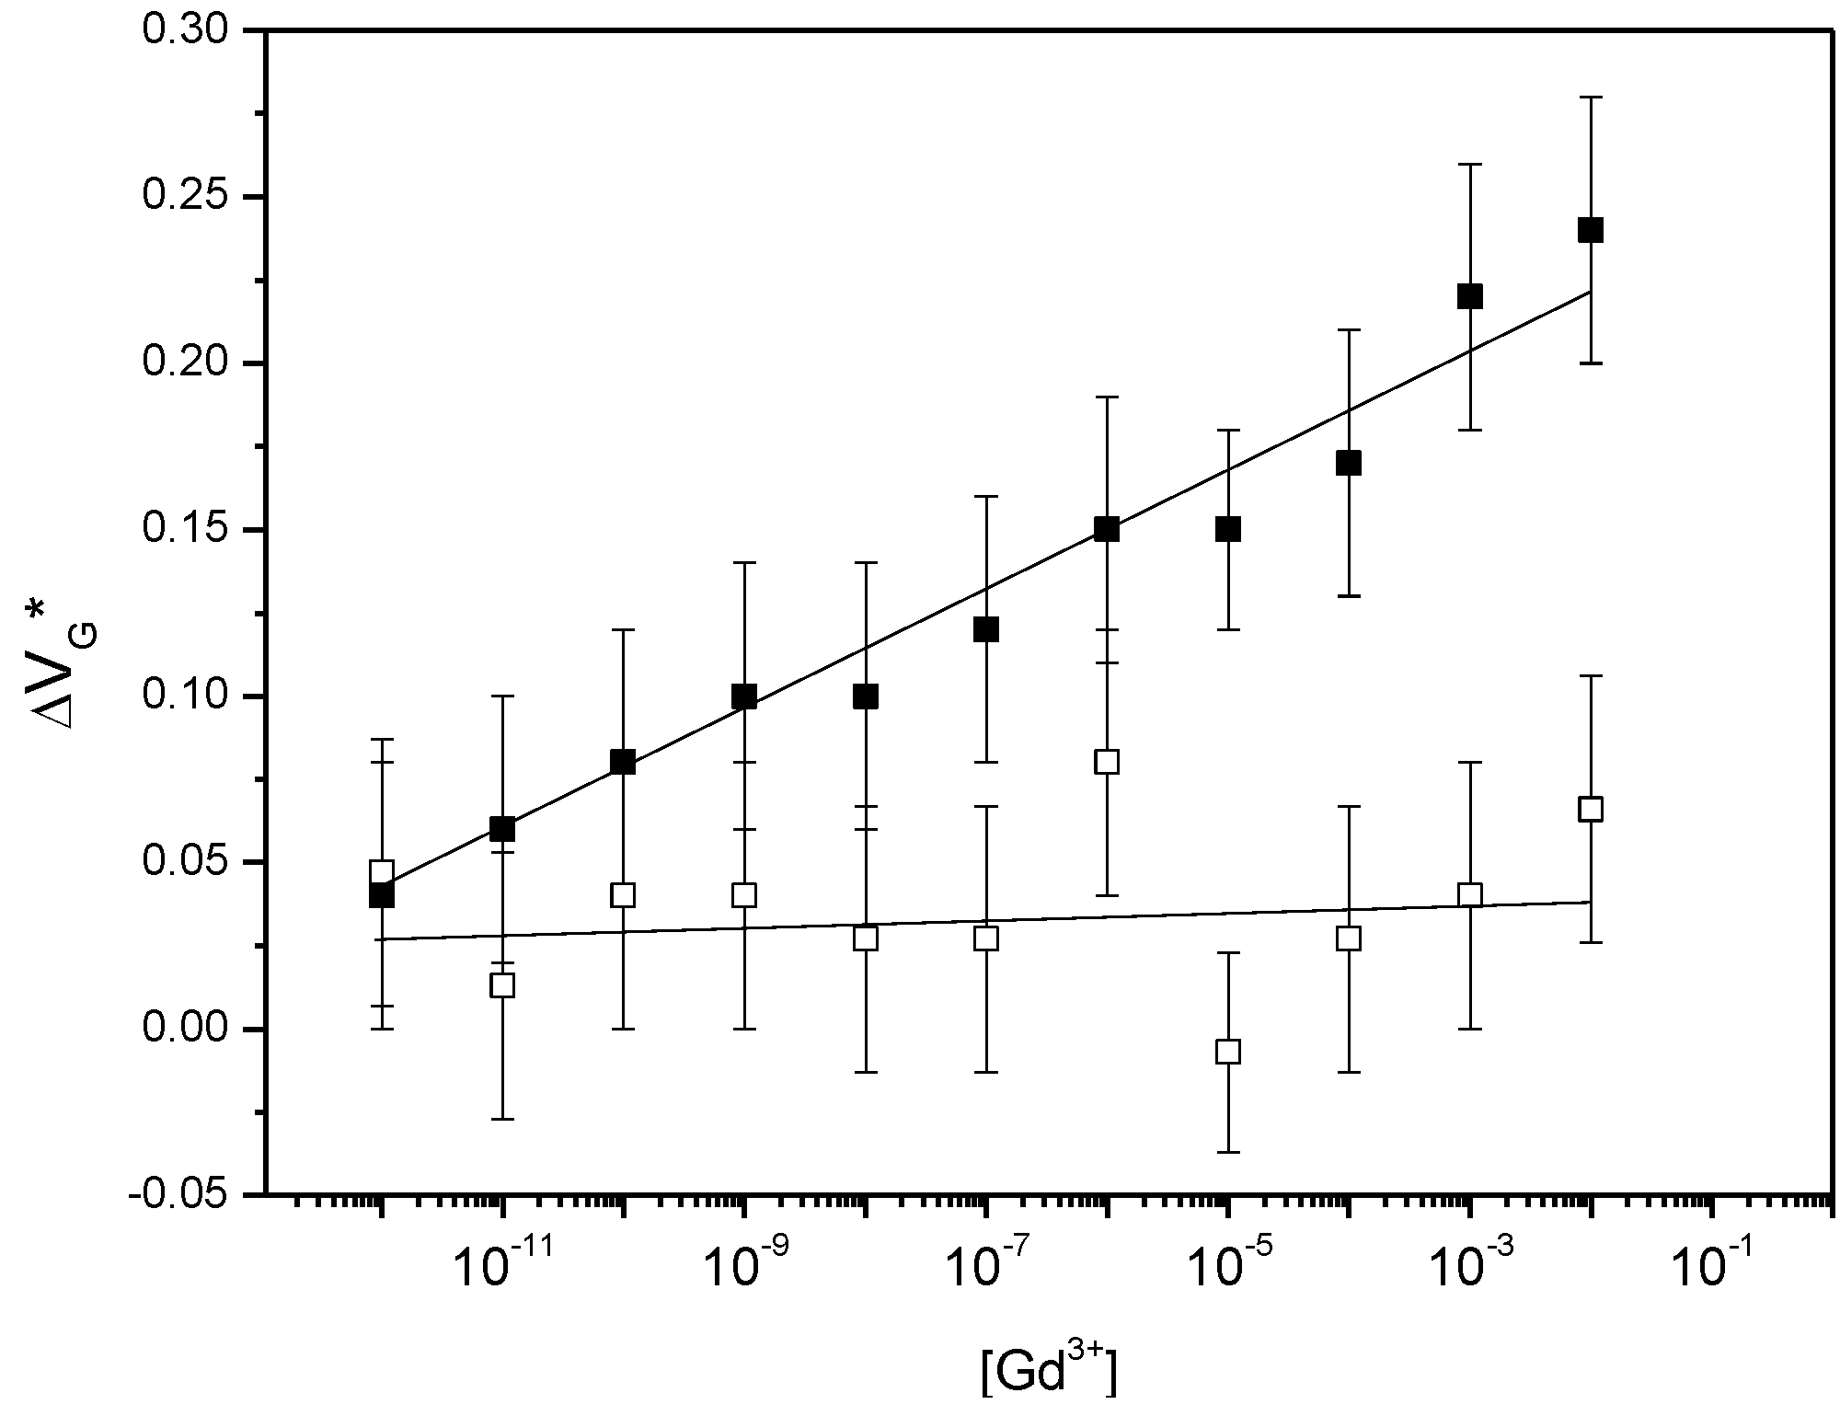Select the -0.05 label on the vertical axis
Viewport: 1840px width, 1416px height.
pyautogui.click(x=177, y=1195)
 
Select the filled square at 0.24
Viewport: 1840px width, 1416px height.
pyautogui.click(x=1591, y=230)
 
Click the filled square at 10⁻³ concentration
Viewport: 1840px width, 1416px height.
pyautogui.click(x=1470, y=296)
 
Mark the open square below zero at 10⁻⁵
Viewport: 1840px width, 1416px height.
pyautogui.click(x=1228, y=1051)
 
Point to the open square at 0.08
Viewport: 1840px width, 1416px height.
pyautogui.click(x=1107, y=762)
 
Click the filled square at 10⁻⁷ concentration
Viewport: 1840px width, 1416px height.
pyautogui.click(x=986, y=630)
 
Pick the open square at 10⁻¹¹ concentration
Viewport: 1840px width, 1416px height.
pyautogui.click(x=502, y=985)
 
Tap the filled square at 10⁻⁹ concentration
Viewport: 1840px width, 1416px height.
pyautogui.click(x=744, y=696)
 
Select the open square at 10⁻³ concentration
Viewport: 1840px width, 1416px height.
pyautogui.click(x=1470, y=894)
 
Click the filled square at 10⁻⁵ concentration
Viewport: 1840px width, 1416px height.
pyautogui.click(x=1228, y=529)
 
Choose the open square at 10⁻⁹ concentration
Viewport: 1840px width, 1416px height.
pyautogui.click(x=744, y=894)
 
